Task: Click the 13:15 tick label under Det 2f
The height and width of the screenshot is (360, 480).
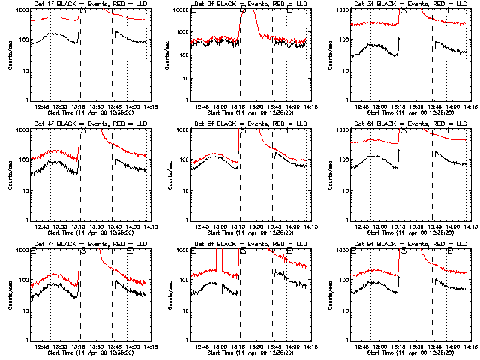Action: [240, 106]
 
